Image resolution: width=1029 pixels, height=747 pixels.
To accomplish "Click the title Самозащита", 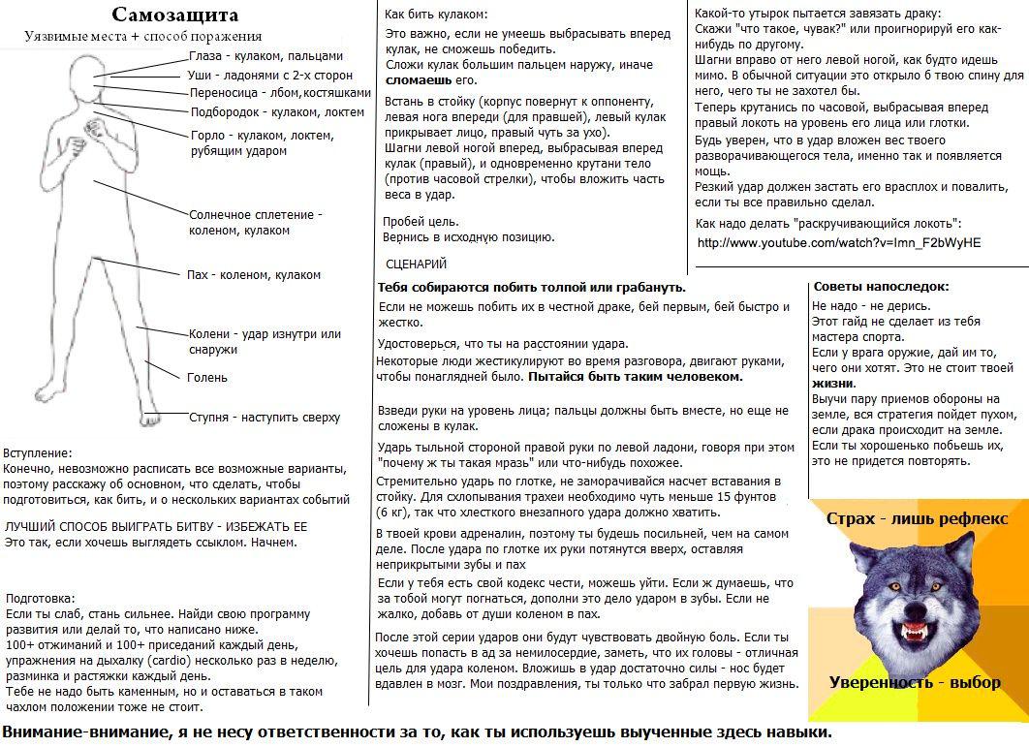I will pyautogui.click(x=174, y=15).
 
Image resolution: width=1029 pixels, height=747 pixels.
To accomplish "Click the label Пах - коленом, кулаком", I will pyautogui.click(x=254, y=275).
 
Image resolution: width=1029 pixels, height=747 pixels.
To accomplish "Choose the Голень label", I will pyautogui.click(x=207, y=378).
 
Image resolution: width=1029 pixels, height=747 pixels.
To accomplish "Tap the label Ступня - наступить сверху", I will pyautogui.click(x=264, y=418).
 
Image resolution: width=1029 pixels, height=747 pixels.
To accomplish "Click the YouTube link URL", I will pyautogui.click(x=838, y=242).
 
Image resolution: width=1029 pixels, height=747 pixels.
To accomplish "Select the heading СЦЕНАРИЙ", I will pyautogui.click(x=416, y=264).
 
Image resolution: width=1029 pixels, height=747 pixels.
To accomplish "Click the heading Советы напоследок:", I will pyautogui.click(x=881, y=287).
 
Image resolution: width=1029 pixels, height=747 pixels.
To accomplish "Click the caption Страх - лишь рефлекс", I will pyautogui.click(x=917, y=518).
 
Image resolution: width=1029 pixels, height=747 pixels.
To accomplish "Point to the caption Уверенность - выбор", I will pyautogui.click(x=915, y=683).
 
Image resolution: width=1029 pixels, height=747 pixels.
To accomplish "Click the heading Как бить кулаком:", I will pyautogui.click(x=436, y=15).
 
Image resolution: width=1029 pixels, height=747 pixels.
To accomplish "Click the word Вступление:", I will pyautogui.click(x=38, y=452).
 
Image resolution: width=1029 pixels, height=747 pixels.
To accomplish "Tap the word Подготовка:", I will pyautogui.click(x=40, y=599).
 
